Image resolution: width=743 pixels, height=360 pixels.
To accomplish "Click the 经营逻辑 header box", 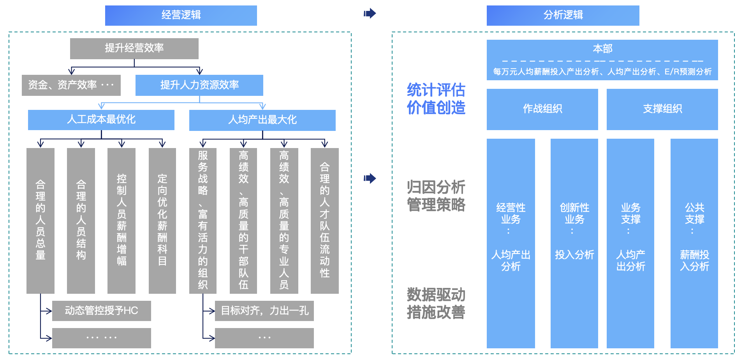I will (181, 16).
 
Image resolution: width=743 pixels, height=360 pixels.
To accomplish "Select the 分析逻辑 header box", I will (563, 16).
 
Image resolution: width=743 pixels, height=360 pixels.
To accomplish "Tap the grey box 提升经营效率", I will (134, 48).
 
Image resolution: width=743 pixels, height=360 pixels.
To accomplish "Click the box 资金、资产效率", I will (71, 85).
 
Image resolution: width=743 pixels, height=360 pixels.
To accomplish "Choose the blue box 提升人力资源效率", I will (199, 85).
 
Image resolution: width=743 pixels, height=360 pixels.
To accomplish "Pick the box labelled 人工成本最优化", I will (101, 120).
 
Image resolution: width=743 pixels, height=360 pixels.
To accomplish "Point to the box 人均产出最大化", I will (262, 120).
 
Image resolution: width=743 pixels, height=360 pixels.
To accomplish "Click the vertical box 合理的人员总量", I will (40, 220).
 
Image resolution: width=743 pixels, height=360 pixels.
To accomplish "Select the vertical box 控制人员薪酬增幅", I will (121, 220).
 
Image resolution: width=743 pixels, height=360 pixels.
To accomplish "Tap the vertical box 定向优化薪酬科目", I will (162, 220).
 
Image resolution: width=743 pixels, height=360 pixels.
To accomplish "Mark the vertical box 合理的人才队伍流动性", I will (324, 220).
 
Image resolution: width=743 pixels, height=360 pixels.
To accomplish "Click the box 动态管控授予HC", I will (101, 311).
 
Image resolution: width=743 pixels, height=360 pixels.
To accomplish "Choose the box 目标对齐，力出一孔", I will (264, 311).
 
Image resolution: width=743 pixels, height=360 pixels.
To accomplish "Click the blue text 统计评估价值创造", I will (436, 99).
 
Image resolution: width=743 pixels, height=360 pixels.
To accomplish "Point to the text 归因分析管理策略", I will (436, 196).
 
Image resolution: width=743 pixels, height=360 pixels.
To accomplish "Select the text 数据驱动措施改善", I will (436, 304).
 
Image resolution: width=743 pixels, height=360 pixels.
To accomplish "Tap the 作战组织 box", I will (542, 109).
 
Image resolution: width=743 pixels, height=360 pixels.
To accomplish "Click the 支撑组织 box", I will (662, 109).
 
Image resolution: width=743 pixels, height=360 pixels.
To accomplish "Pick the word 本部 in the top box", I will (602, 49).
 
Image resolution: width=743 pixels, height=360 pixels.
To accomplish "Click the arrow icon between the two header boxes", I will (370, 14).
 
